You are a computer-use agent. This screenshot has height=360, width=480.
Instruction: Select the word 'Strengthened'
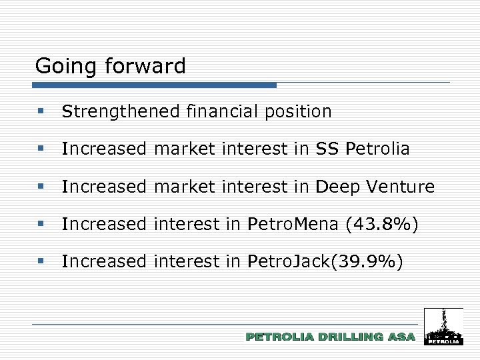[x=120, y=112]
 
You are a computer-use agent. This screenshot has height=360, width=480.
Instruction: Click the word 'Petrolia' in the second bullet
[x=378, y=149]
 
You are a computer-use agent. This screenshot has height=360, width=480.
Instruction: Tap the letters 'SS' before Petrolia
[x=327, y=149]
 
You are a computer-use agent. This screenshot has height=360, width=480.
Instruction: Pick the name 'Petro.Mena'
[x=293, y=225]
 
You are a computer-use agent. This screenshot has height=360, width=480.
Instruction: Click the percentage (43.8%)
[x=382, y=225]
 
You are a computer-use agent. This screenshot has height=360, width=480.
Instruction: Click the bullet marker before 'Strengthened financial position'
[x=41, y=112]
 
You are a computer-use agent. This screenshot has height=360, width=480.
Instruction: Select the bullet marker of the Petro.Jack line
[x=41, y=263]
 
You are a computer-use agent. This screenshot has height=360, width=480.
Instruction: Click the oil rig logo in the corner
[x=443, y=326]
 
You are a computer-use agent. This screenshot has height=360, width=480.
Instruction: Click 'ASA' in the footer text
[x=401, y=337]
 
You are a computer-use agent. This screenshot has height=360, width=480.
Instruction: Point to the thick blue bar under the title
[x=154, y=85]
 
